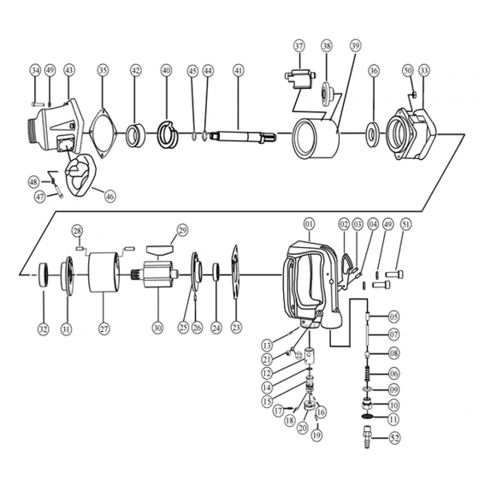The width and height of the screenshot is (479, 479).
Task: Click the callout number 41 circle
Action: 239,70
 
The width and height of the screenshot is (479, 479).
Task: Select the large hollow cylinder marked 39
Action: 316,139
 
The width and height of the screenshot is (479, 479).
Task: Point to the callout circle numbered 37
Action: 299,46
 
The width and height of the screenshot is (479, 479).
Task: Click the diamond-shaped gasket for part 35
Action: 103,133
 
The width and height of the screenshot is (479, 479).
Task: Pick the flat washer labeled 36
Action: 373,134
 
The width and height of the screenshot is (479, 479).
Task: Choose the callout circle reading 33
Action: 423,70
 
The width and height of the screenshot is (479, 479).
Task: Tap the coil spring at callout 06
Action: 368,373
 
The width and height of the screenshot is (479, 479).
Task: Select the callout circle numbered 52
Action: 394,438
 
